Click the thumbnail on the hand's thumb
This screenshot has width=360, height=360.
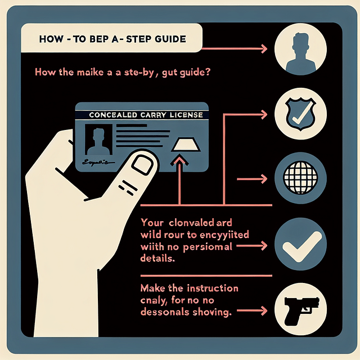(x=145, y=165)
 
